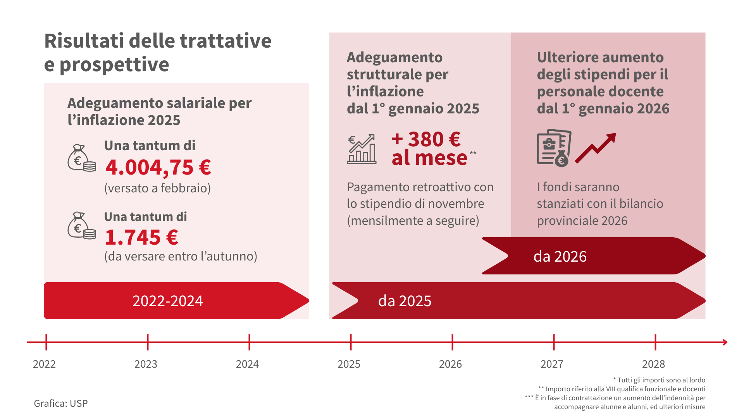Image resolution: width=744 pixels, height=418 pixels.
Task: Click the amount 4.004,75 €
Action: [x=158, y=167]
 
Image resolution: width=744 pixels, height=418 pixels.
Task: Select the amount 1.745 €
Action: [x=141, y=237]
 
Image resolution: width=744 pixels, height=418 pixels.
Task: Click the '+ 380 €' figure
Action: [x=426, y=139]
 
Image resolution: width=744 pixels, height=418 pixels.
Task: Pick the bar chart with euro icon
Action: [x=362, y=149]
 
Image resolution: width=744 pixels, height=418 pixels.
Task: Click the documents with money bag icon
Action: [x=554, y=148]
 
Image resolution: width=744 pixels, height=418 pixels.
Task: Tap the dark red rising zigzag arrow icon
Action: [x=596, y=147]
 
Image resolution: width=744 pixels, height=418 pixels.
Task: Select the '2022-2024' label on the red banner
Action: [x=167, y=301]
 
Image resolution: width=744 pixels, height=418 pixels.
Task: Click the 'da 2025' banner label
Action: [x=405, y=301]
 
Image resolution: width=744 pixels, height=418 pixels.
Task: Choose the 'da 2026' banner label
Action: [x=560, y=256]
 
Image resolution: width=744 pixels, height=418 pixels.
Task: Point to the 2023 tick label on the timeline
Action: [x=146, y=364]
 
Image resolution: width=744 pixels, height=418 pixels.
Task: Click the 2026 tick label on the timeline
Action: [x=450, y=364]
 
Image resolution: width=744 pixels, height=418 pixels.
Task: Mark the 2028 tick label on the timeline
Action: [x=653, y=364]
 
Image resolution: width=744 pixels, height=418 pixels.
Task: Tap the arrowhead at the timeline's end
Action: [x=725, y=342]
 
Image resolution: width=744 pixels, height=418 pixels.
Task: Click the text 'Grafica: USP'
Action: [x=61, y=403]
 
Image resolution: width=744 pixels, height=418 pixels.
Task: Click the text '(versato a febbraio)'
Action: [x=157, y=188]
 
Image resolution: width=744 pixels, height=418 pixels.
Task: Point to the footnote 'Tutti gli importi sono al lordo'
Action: [x=661, y=380]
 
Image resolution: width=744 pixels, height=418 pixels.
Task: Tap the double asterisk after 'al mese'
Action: [x=473, y=153]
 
